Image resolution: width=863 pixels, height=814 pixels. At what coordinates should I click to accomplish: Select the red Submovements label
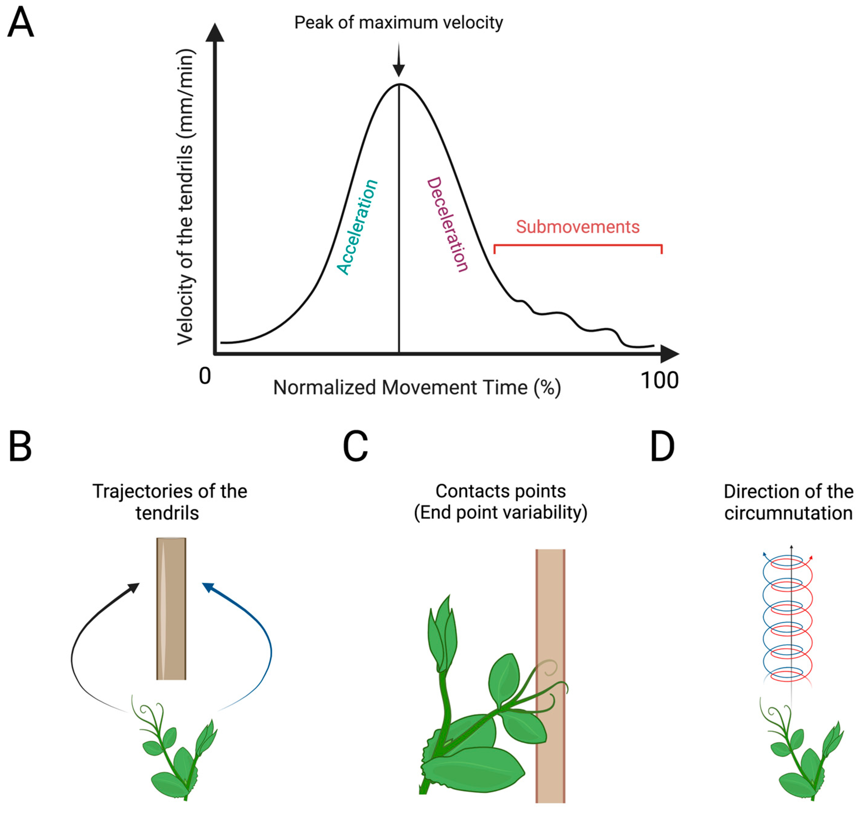click(577, 227)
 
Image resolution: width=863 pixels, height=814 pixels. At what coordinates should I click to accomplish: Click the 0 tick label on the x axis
click(205, 376)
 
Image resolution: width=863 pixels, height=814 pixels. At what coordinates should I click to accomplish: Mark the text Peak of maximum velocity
click(398, 23)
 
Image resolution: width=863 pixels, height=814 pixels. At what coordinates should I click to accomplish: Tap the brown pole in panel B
click(172, 608)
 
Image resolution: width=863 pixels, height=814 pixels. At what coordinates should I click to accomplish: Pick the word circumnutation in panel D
click(788, 513)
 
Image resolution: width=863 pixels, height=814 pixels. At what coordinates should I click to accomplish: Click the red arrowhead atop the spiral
click(811, 557)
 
